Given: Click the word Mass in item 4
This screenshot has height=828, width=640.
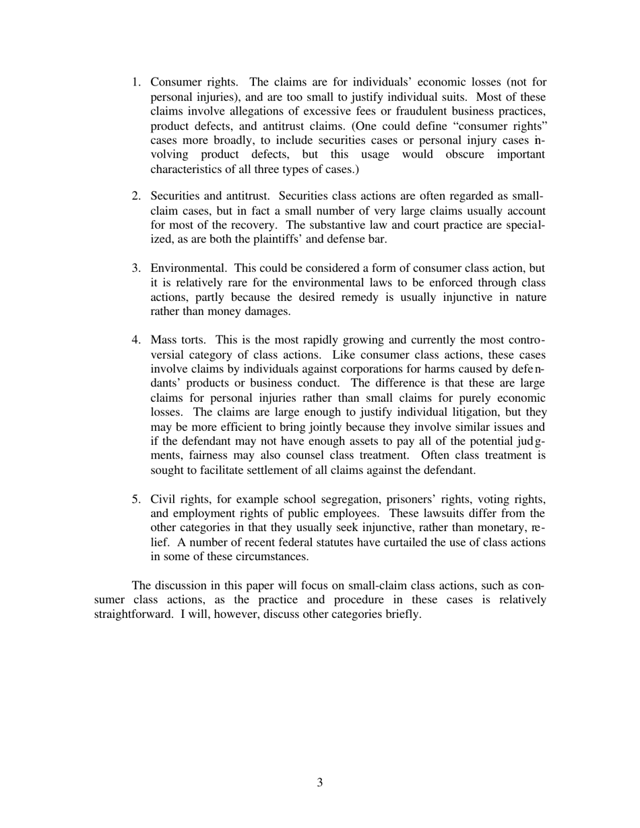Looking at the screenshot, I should click(164, 340).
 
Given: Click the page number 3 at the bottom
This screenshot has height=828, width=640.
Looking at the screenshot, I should click(319, 782).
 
